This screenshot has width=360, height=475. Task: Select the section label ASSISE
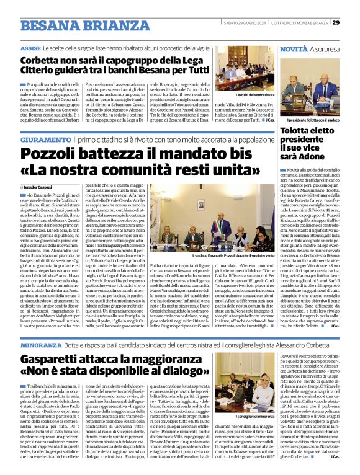pos(30,48)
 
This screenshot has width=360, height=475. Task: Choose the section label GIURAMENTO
pos(45,140)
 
